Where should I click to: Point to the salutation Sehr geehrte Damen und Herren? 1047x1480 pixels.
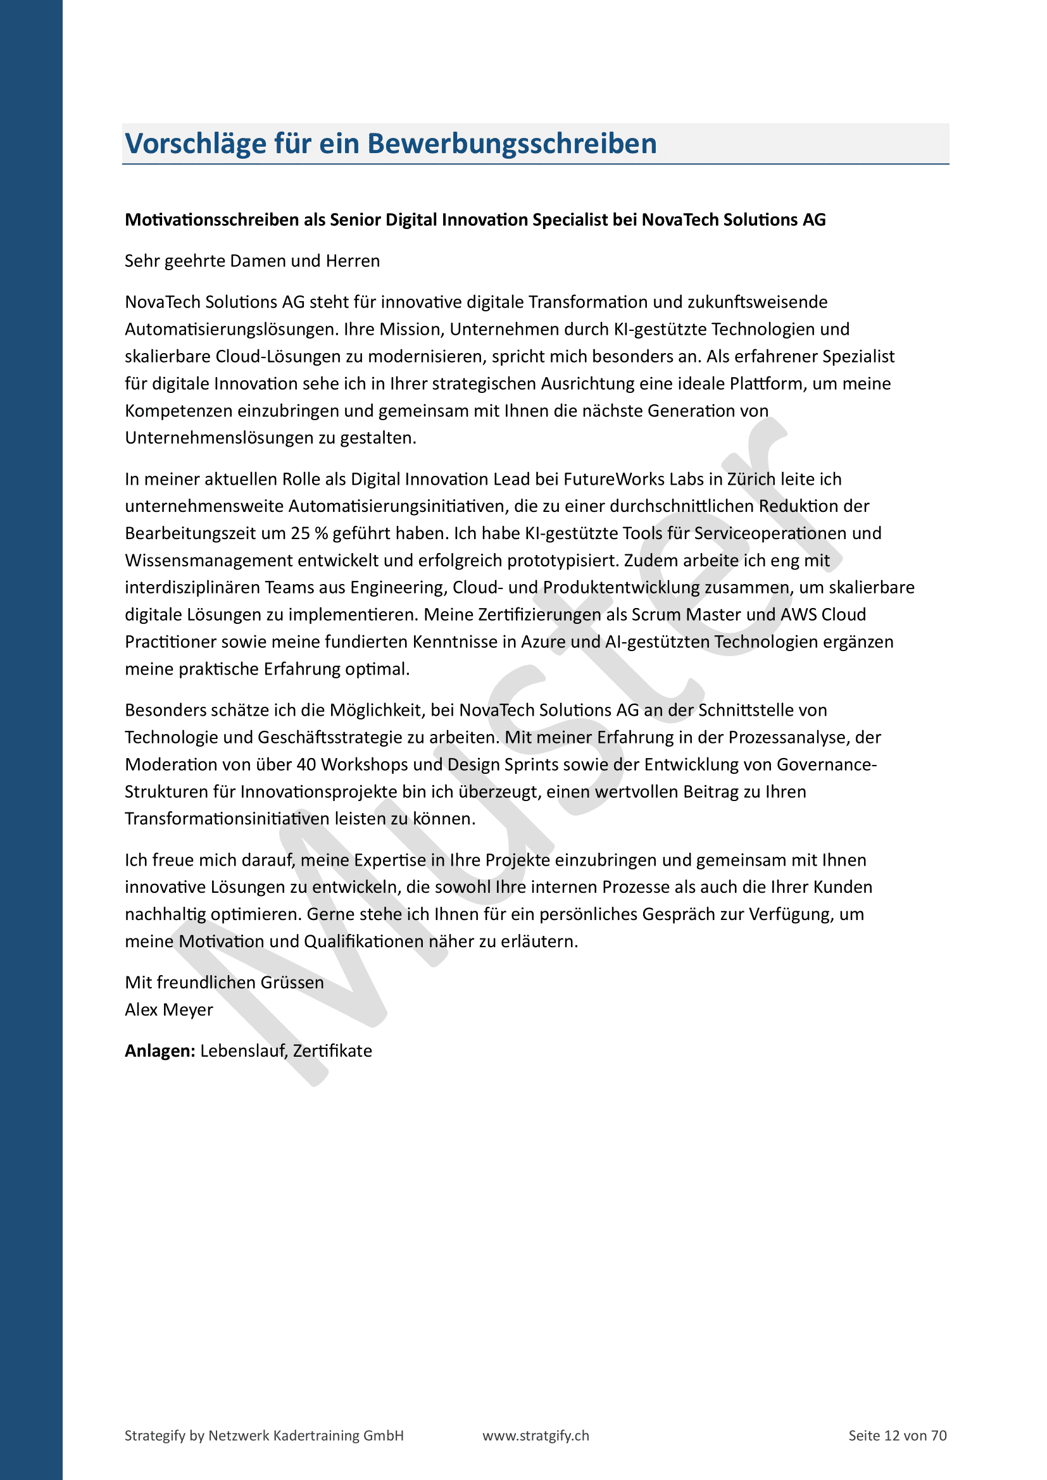point(252,261)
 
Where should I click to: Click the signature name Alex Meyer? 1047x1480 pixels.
point(169,1010)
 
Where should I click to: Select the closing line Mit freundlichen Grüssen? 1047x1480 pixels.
point(224,983)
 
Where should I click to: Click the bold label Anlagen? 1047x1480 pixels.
point(160,1052)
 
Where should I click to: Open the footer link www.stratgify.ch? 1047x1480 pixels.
point(536,1436)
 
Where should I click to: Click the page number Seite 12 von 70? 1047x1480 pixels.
point(898,1436)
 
